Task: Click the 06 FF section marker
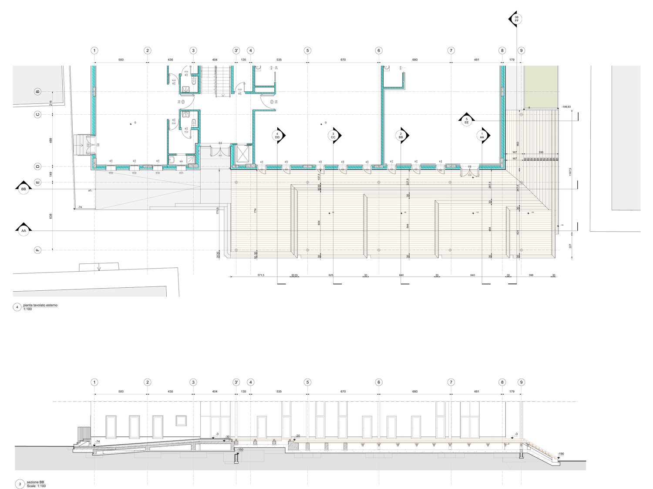click(x=516, y=19)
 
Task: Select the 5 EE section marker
click(x=467, y=121)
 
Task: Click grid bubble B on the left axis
click(x=37, y=92)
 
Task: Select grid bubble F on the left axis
click(x=37, y=250)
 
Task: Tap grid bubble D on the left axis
click(x=37, y=166)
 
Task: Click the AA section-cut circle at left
click(x=24, y=231)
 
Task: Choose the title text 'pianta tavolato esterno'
click(x=40, y=305)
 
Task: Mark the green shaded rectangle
click(x=541, y=86)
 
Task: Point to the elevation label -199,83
click(x=566, y=106)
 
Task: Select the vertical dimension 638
click(x=50, y=216)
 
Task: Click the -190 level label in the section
click(x=561, y=454)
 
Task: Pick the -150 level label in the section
click(x=240, y=450)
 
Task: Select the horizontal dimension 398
click(x=531, y=275)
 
